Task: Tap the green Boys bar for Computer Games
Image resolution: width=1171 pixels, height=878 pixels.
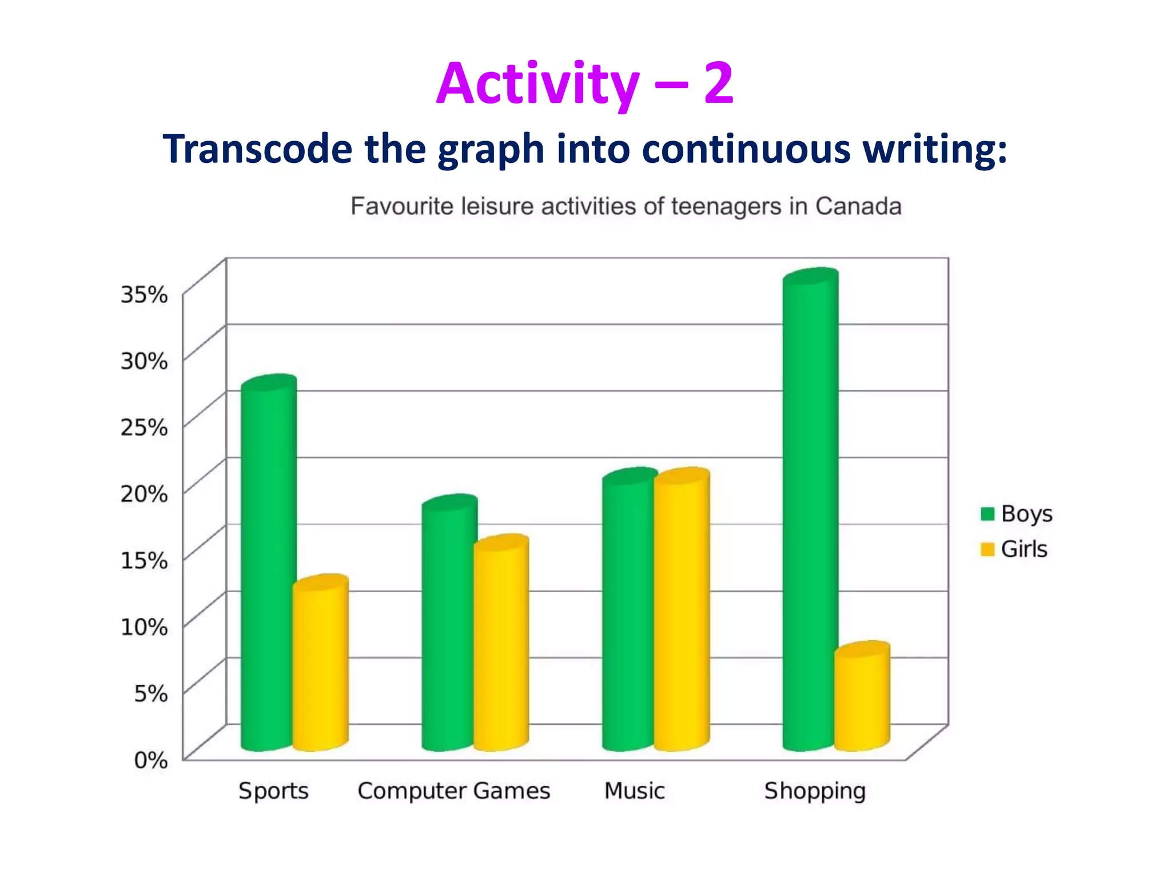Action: tap(449, 623)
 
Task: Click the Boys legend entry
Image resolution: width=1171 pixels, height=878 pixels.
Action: tap(1017, 514)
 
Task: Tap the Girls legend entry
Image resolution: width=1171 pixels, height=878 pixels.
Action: tap(1014, 549)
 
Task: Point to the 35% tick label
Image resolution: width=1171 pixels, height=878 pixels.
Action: tap(144, 294)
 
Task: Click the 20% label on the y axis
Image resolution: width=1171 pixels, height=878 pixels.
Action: tap(144, 493)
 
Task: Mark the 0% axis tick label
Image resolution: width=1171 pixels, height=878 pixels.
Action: tap(151, 760)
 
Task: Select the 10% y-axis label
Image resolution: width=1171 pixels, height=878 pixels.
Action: tap(144, 627)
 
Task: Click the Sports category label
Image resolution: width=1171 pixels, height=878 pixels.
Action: tap(273, 791)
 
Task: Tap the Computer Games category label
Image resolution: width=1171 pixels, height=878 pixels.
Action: tap(453, 791)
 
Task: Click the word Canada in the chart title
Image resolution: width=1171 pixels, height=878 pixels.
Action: tap(858, 206)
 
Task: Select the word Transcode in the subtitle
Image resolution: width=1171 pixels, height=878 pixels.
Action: tap(257, 149)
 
